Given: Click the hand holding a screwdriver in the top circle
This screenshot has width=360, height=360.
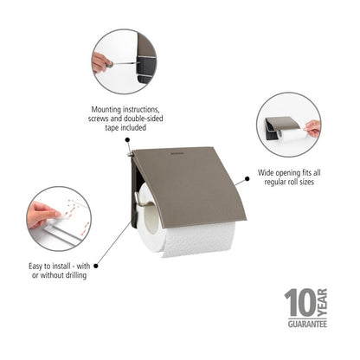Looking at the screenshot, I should pyautogui.click(x=102, y=62).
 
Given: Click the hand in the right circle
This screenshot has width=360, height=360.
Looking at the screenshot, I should pyautogui.click(x=312, y=128).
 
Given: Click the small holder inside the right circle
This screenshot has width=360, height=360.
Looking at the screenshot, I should pyautogui.click(x=281, y=126).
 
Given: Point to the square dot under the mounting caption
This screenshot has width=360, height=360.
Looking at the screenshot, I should pyautogui.click(x=127, y=138).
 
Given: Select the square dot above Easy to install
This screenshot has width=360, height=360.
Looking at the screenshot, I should pyautogui.click(x=96, y=256).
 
